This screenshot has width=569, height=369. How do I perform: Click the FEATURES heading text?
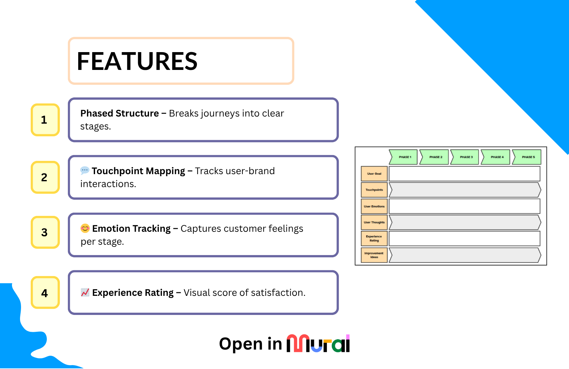(137, 61)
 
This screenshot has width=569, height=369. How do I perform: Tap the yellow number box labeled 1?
(45, 120)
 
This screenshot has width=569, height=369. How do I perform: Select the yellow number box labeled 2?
(45, 177)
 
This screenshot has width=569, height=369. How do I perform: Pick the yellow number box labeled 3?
(45, 232)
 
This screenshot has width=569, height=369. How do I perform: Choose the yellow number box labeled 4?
(45, 293)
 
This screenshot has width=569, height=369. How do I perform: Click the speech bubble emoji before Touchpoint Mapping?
(85, 170)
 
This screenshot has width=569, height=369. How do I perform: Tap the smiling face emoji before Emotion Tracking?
(85, 228)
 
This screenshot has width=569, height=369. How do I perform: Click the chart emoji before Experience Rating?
(85, 292)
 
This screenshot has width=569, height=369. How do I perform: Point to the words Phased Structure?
(120, 113)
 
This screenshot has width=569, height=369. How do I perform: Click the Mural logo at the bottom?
(318, 343)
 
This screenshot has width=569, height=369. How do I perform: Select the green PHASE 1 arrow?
(404, 157)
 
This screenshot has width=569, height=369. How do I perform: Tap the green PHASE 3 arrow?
(465, 157)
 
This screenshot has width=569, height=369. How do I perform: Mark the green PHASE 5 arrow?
(527, 157)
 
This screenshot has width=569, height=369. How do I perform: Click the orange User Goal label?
(374, 174)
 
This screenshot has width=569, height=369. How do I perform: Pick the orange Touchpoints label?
(374, 190)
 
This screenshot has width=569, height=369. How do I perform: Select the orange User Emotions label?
(374, 206)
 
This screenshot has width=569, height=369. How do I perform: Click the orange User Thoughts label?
(374, 222)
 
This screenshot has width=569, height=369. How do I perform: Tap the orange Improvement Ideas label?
(374, 255)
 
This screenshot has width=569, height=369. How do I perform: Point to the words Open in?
(251, 344)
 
